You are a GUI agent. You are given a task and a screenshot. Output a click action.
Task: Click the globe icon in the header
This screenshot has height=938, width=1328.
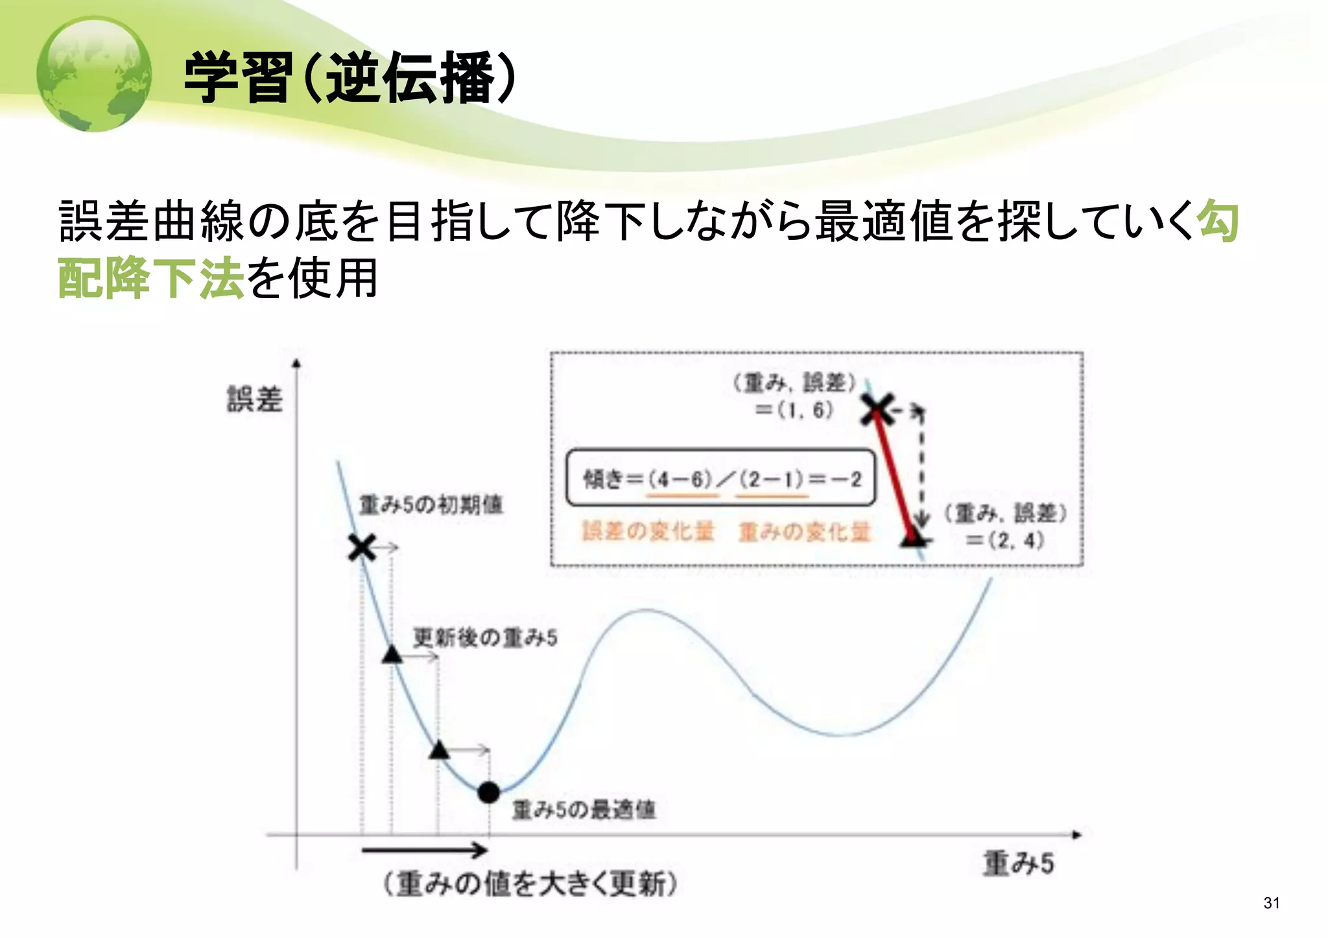[x=94, y=75]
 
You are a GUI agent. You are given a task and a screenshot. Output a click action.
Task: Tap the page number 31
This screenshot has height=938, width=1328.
[x=1271, y=903]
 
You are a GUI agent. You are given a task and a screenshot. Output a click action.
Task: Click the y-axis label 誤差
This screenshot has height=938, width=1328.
[x=254, y=399]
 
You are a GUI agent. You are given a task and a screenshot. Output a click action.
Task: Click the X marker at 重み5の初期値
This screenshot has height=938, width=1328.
[x=362, y=548]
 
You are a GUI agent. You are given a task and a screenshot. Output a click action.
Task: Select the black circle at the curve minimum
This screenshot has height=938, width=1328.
[x=488, y=792]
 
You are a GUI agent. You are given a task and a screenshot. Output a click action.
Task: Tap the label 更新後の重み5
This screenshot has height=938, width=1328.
[x=485, y=639]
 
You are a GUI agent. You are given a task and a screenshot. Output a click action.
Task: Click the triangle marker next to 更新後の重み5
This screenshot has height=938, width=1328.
[x=392, y=655]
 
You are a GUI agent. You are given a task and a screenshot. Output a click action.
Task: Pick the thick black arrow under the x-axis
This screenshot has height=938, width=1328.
[x=425, y=850]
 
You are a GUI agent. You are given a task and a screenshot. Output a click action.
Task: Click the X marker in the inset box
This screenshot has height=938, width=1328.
[x=877, y=409]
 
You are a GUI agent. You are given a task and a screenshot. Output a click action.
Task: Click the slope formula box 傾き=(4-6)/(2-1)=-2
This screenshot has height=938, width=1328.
[x=720, y=478]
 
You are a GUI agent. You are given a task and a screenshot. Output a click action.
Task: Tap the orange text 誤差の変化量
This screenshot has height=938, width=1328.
[x=647, y=532]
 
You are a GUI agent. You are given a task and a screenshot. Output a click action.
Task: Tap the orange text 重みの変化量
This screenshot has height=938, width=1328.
[x=804, y=532]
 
